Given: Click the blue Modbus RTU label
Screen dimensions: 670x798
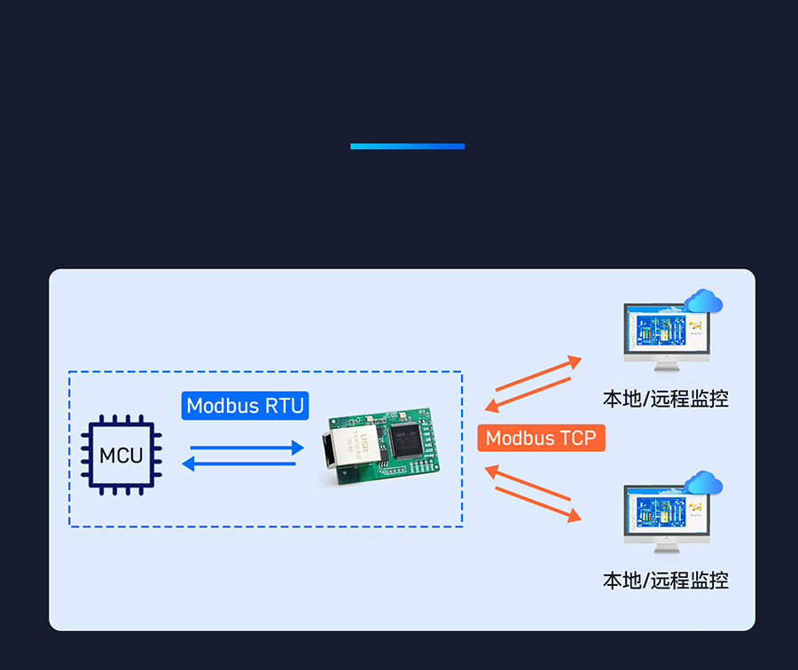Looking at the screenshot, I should [x=246, y=406].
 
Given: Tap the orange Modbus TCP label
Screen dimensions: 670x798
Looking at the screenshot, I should [x=541, y=438].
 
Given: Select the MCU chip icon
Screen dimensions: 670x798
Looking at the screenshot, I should [x=121, y=456].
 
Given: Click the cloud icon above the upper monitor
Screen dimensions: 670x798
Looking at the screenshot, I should [x=703, y=301].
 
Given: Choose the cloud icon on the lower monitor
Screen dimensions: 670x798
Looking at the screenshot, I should [x=703, y=483].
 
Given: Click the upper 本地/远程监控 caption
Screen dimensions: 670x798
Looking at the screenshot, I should [x=665, y=399].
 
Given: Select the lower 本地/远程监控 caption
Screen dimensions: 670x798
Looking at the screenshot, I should [x=665, y=580].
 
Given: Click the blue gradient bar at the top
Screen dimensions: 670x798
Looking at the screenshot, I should [x=407, y=146].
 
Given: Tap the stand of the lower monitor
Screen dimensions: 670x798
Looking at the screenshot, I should [x=666, y=547].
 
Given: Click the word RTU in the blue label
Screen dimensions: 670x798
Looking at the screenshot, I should [x=284, y=406].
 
